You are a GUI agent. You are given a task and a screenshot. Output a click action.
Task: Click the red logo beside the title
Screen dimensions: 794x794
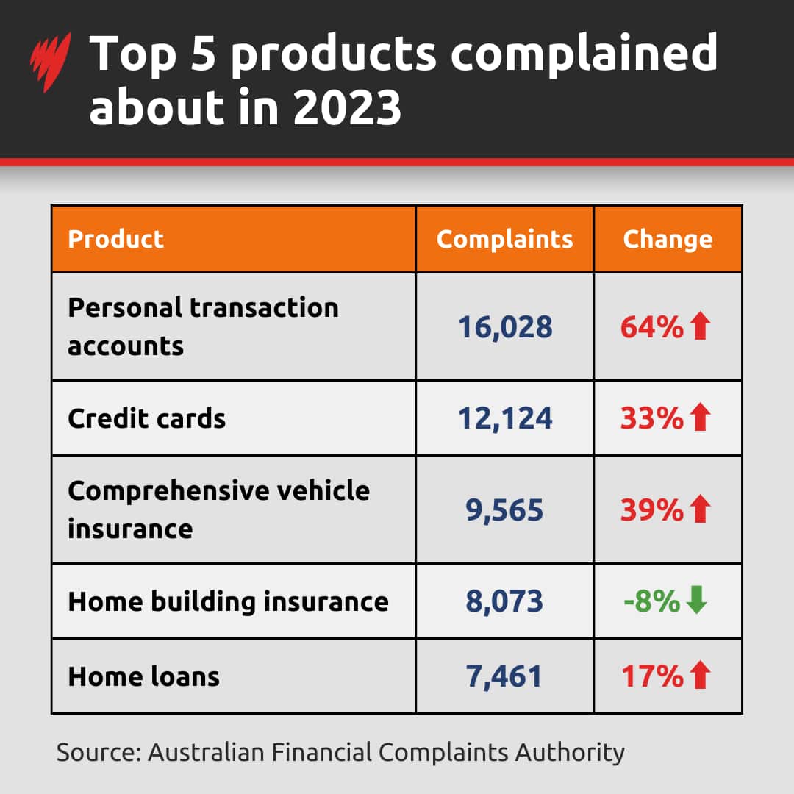50,62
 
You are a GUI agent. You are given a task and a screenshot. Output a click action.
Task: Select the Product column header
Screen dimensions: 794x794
115,239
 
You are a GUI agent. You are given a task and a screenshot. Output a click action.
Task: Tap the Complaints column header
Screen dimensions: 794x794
504,239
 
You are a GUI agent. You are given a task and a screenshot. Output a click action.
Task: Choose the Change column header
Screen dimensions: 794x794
668,239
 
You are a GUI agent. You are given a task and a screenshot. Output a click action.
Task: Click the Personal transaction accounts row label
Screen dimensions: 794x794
203,326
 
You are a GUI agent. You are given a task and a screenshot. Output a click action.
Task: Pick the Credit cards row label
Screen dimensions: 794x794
146,418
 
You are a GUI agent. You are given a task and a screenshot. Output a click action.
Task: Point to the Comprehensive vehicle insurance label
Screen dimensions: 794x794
218,509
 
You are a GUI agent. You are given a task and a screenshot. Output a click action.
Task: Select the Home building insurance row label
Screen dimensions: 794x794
228,601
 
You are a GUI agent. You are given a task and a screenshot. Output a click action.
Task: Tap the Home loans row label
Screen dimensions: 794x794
143,676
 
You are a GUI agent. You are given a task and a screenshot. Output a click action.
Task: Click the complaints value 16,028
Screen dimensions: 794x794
504,327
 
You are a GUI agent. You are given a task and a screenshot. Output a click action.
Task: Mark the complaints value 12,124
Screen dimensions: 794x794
504,419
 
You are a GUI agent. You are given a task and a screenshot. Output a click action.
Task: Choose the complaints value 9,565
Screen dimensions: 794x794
504,510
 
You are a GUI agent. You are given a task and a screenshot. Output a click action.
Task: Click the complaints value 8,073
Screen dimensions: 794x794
504,602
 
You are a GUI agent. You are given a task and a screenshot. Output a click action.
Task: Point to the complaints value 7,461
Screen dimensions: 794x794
504,676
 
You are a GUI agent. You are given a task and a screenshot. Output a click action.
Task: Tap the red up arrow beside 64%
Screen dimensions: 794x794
700,327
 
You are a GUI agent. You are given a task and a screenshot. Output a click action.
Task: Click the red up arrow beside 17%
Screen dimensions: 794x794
700,676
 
